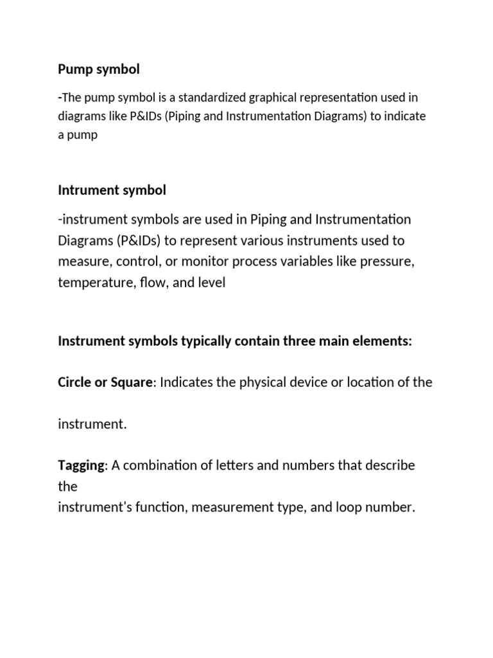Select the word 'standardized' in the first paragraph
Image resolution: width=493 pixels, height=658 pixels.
click(x=210, y=98)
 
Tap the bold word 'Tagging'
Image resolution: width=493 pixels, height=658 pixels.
click(x=81, y=465)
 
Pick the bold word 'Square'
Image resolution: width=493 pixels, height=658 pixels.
click(x=132, y=382)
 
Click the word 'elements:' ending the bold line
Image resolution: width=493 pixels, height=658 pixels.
click(x=384, y=341)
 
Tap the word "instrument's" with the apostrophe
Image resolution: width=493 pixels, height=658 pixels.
click(x=95, y=507)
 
